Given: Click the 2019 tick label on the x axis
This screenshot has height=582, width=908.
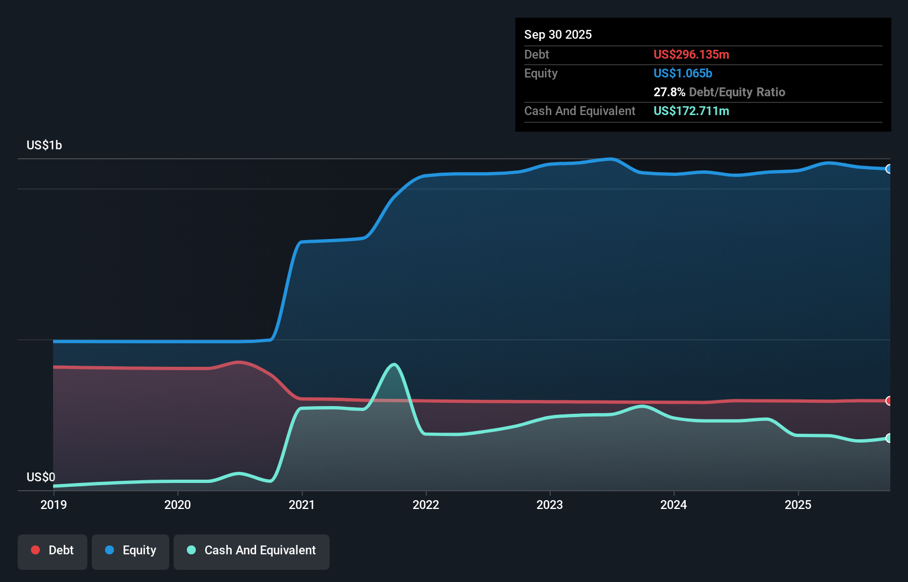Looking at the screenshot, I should [x=54, y=505].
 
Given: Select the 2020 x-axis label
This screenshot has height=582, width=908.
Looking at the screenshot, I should [x=178, y=505].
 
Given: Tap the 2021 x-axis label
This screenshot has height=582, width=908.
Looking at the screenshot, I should [x=302, y=505].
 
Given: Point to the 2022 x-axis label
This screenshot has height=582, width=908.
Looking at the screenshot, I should [x=426, y=505].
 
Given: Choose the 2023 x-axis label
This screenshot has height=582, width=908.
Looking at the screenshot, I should [x=550, y=505].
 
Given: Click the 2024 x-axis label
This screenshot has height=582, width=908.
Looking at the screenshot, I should [x=674, y=505].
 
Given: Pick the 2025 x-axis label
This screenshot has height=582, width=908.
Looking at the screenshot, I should [x=798, y=505].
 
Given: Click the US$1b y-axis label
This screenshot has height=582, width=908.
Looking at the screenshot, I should [x=44, y=145].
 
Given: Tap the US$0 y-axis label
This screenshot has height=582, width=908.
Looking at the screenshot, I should [x=41, y=477].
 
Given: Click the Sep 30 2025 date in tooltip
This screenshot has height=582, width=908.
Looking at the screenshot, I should [x=558, y=34].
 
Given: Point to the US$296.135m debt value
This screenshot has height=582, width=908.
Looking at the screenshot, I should [x=691, y=54].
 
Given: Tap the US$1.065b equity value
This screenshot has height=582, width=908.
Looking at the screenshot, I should [x=683, y=73].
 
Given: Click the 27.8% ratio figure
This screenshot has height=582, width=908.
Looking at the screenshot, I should [x=669, y=92].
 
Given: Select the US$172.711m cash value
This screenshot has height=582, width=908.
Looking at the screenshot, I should [x=691, y=111].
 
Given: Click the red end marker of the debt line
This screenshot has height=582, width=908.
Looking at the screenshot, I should [x=889, y=401].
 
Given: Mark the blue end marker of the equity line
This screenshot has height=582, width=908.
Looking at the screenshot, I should [x=889, y=169].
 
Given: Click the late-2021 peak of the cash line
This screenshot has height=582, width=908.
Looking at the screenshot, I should [x=394, y=365].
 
